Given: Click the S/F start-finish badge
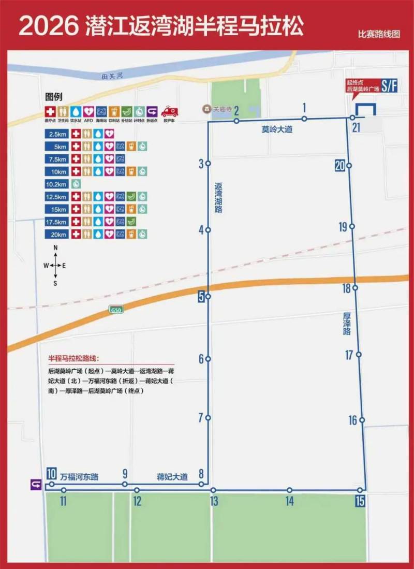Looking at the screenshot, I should pos(389,85).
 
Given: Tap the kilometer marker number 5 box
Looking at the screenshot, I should pos(201,297).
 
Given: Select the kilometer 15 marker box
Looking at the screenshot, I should pos(360,501).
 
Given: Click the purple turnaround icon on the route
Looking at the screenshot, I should pos(36,485).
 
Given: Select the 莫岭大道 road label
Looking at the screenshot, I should pos(277,129).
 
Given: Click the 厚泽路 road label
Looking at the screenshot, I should pos(347,324).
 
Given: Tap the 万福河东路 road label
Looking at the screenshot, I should pos(79,477).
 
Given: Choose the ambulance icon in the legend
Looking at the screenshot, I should pos(169,112).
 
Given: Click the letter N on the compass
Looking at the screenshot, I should pos(55,248).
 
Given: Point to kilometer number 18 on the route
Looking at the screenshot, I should pos(346,289).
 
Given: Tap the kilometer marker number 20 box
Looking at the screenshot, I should pos(339,166).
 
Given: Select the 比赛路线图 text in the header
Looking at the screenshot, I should pos(379,35).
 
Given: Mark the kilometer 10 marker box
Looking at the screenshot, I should pos(51,473).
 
